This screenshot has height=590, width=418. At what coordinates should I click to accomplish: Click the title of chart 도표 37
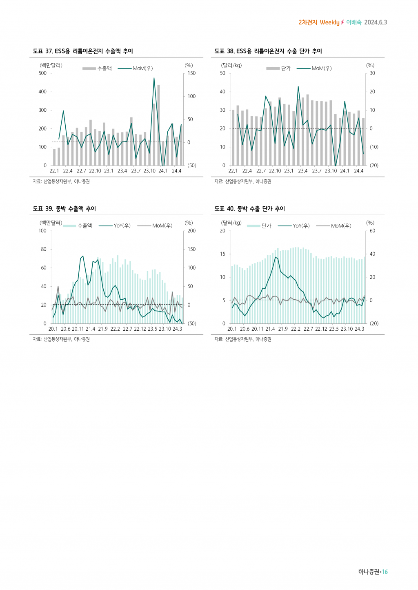(83, 51)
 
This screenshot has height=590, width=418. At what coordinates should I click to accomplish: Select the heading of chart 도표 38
(268, 51)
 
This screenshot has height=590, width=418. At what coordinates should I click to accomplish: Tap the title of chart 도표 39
(64, 209)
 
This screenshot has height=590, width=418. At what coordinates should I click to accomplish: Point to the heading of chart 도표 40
(250, 209)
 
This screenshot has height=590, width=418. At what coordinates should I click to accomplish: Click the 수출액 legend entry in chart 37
(98, 69)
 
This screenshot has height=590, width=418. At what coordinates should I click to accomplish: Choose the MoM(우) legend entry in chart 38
(314, 69)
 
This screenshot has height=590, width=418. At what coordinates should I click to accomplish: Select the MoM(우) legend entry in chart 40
(334, 226)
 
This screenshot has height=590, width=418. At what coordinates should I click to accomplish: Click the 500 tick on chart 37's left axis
(42, 73)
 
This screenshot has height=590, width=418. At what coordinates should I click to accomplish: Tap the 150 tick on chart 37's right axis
(191, 73)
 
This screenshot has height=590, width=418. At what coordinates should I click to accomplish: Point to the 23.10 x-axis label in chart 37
(149, 171)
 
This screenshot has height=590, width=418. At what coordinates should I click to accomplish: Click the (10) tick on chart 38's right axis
(374, 147)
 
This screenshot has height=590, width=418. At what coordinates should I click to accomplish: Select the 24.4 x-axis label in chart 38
(358, 171)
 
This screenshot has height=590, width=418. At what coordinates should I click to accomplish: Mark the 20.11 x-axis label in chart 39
(78, 329)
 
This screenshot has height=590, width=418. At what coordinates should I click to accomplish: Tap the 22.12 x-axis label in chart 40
(321, 329)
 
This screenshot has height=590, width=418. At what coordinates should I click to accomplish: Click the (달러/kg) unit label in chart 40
(231, 223)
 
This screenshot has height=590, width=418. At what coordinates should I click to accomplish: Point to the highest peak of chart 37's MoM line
(154, 78)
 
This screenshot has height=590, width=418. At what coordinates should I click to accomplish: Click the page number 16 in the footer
(385, 572)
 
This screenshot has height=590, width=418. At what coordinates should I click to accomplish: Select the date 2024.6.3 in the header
(376, 22)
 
